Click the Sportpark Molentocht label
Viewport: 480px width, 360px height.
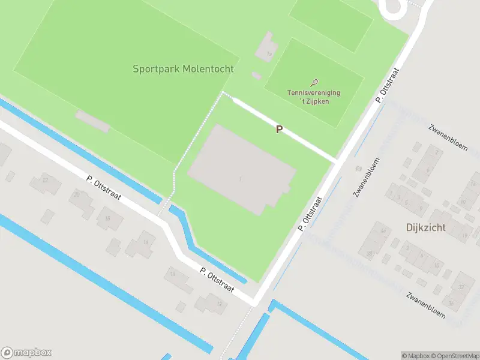(183, 69)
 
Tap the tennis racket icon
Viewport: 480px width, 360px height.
(314, 83)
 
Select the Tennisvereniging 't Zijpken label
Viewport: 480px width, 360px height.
(313, 97)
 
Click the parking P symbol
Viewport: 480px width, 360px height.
(278, 129)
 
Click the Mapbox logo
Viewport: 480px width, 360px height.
(26, 353)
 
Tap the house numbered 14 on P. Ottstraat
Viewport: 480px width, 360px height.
(173, 275)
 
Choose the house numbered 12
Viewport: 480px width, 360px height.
(216, 303)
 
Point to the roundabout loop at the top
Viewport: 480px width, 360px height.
(393, 7)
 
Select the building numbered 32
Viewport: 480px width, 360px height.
(461, 287)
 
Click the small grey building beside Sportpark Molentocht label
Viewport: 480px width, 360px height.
(256, 76)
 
